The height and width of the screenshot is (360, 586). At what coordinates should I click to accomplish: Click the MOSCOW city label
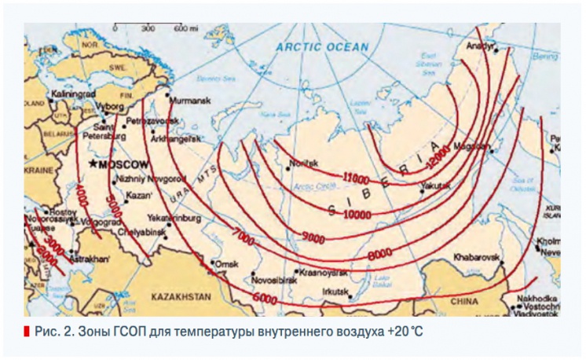coord(124,164)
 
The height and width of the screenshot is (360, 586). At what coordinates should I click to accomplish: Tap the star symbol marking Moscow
coord(95,164)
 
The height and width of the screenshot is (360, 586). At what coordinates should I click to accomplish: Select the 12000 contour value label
coord(438,156)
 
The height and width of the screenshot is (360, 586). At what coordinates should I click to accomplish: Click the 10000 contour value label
coord(357,212)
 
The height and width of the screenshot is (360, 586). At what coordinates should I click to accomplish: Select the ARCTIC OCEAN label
coord(322,47)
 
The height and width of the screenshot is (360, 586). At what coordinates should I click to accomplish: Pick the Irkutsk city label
coord(335,292)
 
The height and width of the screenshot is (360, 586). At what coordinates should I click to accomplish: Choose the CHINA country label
coord(464,301)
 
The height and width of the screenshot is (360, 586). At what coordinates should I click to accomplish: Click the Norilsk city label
coord(305,163)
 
